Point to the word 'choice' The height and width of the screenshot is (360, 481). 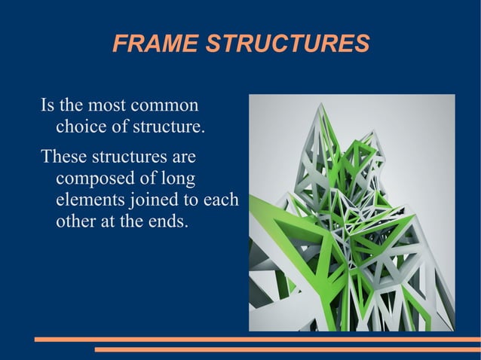point(81,126)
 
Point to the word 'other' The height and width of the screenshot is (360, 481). point(74,223)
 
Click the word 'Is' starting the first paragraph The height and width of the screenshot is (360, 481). point(47,105)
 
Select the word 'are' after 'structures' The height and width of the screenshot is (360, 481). point(182,158)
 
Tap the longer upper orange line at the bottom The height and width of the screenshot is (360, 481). point(257,340)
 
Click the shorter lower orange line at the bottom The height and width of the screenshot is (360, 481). point(286,349)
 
